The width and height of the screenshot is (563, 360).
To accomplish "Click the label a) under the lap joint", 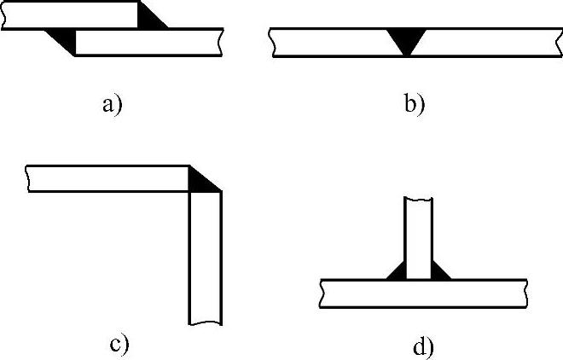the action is (112, 105).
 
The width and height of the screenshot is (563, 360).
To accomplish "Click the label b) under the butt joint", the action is (413, 105).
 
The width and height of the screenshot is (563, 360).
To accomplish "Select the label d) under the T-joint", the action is (423, 347).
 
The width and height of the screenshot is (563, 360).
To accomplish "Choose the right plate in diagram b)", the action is (486, 42).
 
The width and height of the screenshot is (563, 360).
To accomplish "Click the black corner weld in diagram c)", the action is (200, 178).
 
